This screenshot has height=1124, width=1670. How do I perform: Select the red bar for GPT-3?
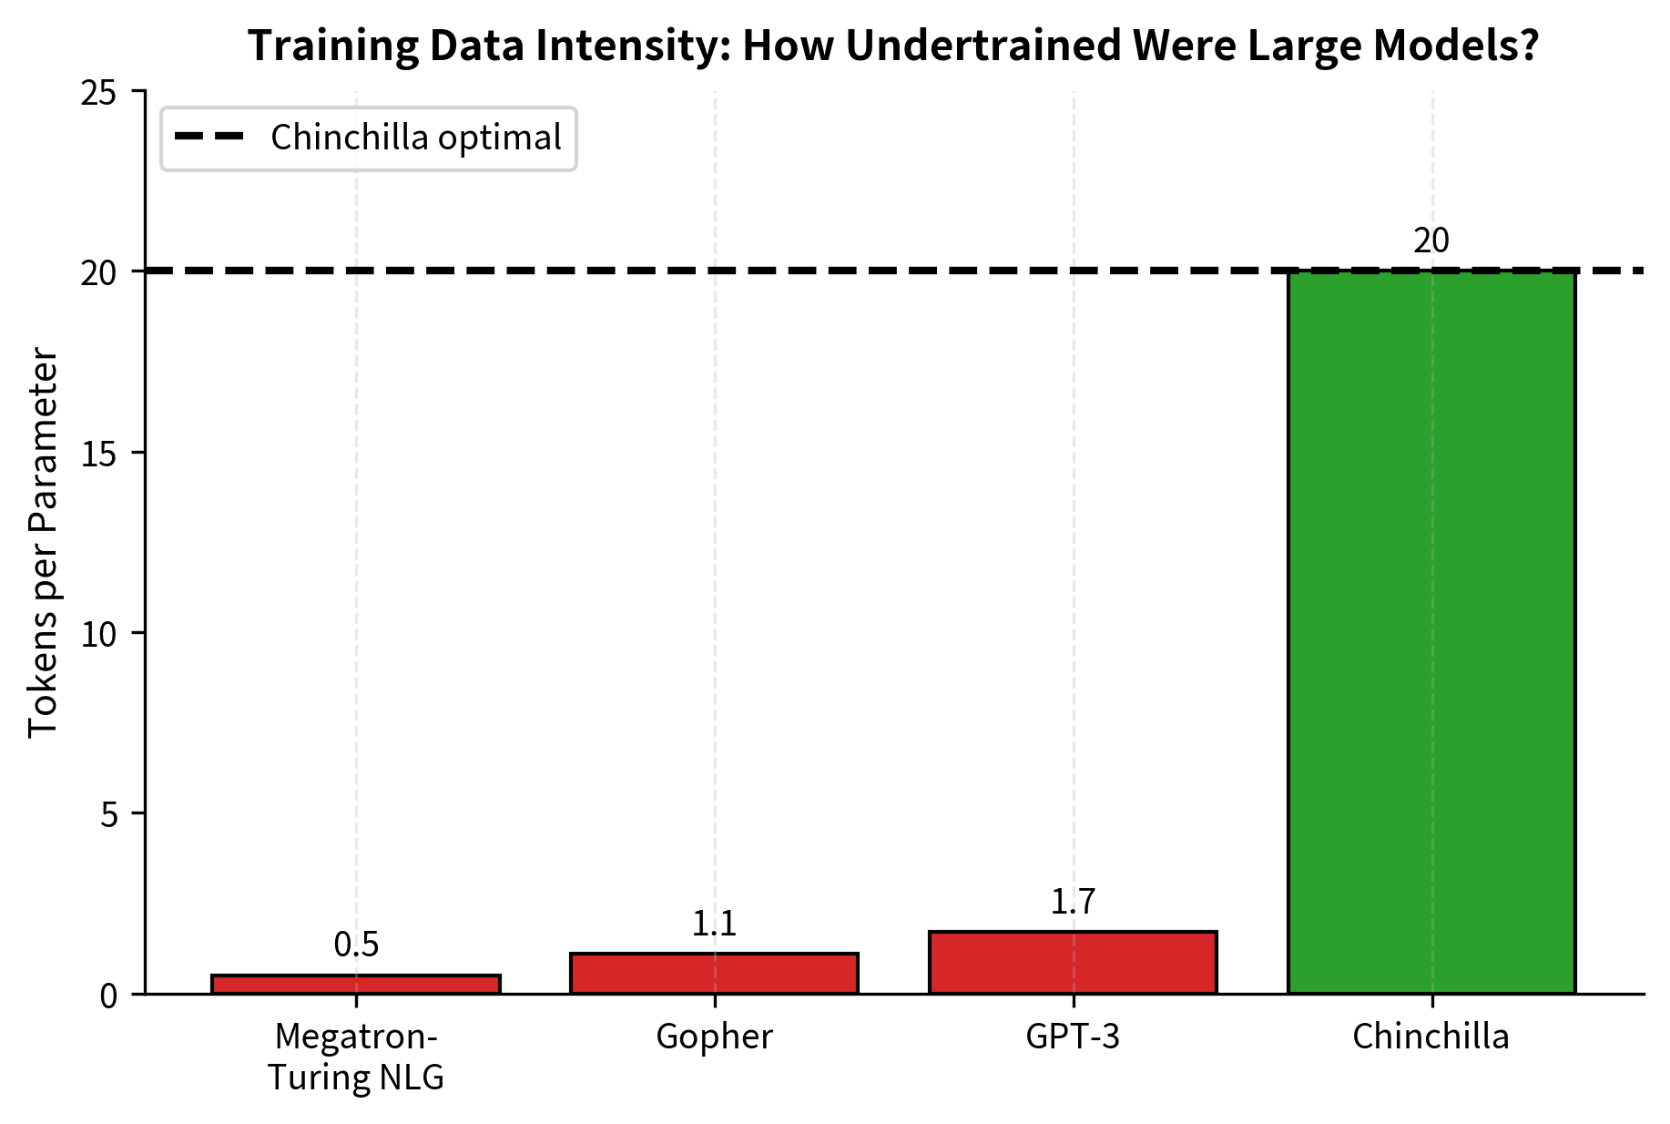(x=1073, y=963)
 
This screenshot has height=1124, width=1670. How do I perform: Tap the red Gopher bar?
(x=714, y=974)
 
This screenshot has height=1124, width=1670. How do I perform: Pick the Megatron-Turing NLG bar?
(x=356, y=985)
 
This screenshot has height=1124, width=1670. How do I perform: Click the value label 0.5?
(x=356, y=945)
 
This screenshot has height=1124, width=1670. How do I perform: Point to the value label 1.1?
(x=714, y=925)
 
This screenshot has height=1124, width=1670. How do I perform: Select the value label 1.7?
(x=1073, y=902)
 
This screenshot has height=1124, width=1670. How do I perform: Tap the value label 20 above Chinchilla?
(x=1431, y=241)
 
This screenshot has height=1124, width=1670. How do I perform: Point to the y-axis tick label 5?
(x=109, y=814)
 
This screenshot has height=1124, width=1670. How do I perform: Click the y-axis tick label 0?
(x=109, y=995)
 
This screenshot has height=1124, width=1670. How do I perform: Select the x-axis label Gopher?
(x=714, y=1037)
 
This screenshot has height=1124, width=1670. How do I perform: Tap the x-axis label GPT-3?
(x=1073, y=1037)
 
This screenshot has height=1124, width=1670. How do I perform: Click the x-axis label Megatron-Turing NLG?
(x=356, y=1057)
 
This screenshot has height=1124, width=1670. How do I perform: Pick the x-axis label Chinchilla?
(x=1431, y=1037)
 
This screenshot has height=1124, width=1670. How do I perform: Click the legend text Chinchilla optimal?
(x=416, y=138)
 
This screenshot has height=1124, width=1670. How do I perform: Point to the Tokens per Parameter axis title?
(x=43, y=543)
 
